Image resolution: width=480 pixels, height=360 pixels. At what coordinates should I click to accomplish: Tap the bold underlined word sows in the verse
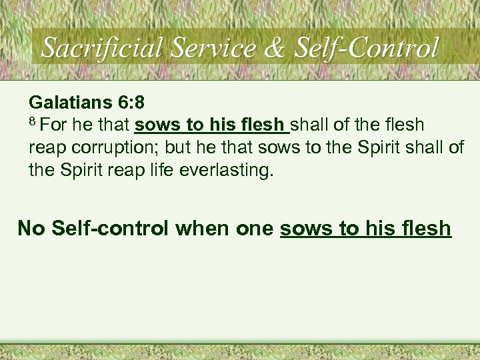pos(155,126)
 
